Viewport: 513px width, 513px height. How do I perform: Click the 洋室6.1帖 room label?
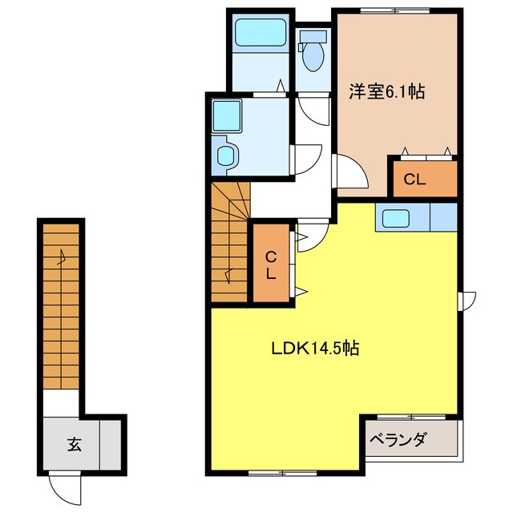pyautogui.click(x=386, y=92)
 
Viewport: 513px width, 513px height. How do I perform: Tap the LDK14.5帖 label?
pyautogui.click(x=315, y=348)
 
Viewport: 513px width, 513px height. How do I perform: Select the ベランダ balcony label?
pyautogui.click(x=399, y=439)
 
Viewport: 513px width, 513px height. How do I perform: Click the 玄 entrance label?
pyautogui.click(x=75, y=444)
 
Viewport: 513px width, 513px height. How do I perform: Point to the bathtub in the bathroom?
pyautogui.click(x=261, y=32)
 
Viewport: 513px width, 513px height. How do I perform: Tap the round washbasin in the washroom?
pyautogui.click(x=226, y=156)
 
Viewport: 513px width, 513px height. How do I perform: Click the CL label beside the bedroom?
pyautogui.click(x=414, y=180)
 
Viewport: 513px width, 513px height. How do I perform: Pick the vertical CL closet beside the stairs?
pyautogui.click(x=271, y=263)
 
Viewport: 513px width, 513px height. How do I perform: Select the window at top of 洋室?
pyautogui.click(x=395, y=10)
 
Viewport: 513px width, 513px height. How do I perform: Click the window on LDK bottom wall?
pyautogui.click(x=282, y=472)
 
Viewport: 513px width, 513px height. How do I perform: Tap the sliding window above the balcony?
pyautogui.click(x=411, y=417)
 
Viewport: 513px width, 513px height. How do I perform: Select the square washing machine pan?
pyautogui.click(x=226, y=115)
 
